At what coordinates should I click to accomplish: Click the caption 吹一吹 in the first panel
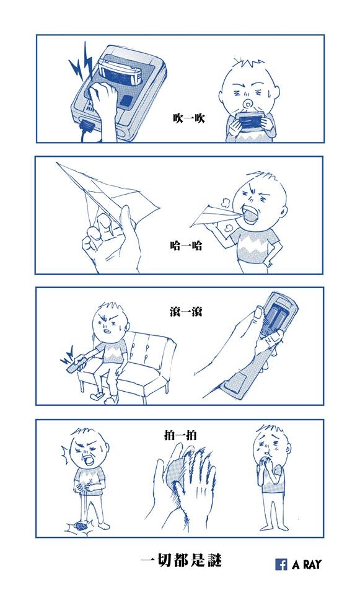coord(188,118)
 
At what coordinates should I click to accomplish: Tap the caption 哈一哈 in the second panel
coord(186,246)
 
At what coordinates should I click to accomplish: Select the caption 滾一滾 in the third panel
coord(185,312)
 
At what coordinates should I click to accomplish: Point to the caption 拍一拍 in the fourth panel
coord(180,435)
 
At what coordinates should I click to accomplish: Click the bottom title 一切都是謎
coord(180,560)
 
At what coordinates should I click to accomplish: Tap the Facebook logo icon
coord(281,564)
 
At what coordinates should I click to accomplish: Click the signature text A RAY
coord(306,564)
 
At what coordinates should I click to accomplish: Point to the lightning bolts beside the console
coord(81,63)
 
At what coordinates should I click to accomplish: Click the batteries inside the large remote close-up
coord(274,318)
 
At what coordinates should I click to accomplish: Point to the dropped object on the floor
coord(80,526)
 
